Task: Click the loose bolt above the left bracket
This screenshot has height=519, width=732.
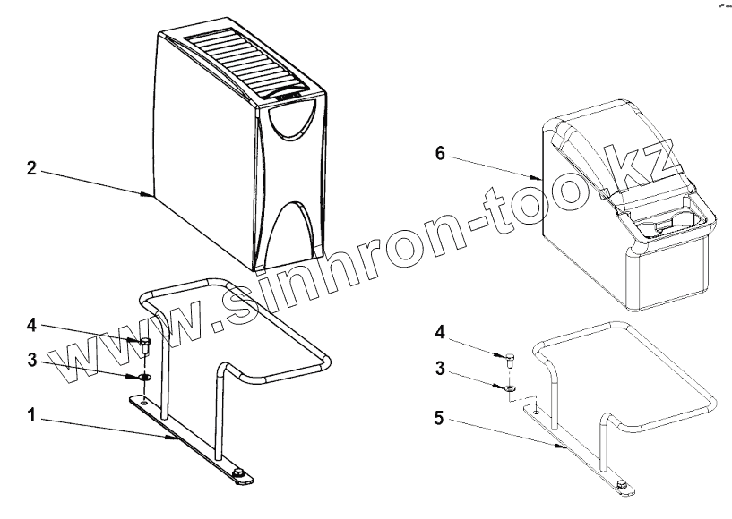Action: click(x=144, y=345)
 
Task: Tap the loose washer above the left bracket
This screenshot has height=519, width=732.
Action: click(x=143, y=377)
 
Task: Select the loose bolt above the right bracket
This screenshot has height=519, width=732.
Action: click(x=511, y=359)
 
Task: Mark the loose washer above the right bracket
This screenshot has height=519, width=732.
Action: click(x=508, y=388)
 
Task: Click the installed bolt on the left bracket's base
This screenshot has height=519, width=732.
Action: click(x=238, y=472)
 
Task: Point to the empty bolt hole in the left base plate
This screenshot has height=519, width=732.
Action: click(x=143, y=402)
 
